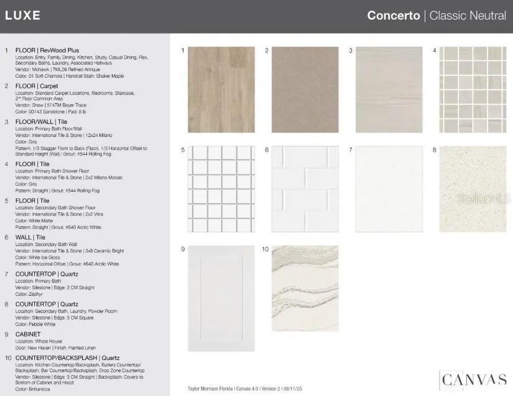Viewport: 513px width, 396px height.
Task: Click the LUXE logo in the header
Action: click(22, 16)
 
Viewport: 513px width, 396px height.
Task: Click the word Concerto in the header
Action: click(393, 16)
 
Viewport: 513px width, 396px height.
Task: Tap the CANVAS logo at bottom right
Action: click(473, 379)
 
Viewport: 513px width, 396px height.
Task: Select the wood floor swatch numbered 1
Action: click(221, 89)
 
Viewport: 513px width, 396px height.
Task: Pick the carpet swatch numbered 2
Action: click(305, 89)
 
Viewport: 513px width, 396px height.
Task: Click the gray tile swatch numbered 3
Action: click(389, 89)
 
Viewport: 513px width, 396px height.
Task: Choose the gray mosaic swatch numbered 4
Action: click(473, 89)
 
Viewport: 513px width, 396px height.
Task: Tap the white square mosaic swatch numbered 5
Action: click(221, 189)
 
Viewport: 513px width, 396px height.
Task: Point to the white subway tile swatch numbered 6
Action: click(305, 189)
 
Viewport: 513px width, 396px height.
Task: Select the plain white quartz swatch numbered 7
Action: click(389, 189)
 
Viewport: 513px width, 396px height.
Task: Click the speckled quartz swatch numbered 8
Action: click(473, 189)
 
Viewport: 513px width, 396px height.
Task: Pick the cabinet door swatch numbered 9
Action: click(221, 298)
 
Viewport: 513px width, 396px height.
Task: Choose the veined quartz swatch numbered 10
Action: click(305, 287)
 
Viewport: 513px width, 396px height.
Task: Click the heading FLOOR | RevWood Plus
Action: click(47, 50)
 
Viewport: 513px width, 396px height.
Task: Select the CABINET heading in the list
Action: click(29, 334)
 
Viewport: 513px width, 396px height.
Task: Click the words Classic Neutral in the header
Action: click(468, 16)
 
